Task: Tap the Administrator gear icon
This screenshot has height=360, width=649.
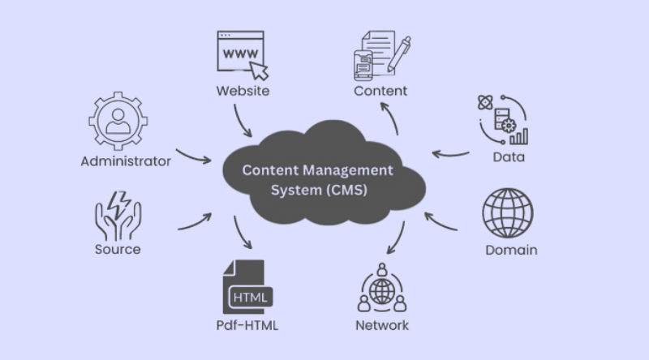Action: (116, 120)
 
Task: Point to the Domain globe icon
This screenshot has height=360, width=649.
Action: (508, 214)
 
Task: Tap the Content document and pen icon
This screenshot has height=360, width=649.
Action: (379, 54)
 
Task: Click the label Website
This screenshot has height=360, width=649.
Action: (242, 90)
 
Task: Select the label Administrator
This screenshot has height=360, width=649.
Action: (126, 161)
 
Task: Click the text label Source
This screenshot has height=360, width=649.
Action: (118, 249)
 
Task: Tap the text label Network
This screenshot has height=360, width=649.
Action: (381, 326)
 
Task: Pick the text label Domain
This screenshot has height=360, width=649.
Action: (511, 249)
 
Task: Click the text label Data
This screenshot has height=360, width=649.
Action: (509, 156)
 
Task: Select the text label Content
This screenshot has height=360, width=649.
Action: (380, 90)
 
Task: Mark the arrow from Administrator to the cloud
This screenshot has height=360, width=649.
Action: (193, 155)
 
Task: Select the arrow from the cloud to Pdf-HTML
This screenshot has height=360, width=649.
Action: (241, 234)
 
